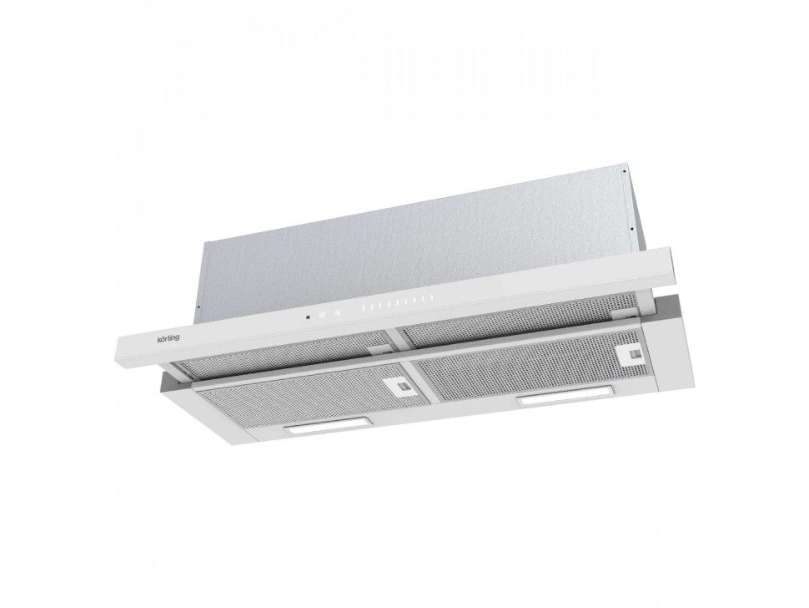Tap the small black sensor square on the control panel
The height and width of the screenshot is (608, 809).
point(308,317)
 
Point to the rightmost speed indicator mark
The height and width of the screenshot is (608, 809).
point(430,298)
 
